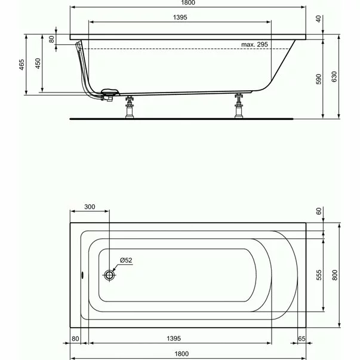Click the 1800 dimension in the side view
coord(189,3)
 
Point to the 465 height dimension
coord(21,64)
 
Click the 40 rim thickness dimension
coord(318,19)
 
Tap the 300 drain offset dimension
coord(89,207)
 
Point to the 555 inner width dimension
coord(319,275)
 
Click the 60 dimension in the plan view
coord(319,211)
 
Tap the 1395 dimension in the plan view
coord(179,339)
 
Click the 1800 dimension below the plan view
coord(189,353)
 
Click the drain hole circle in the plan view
coord(109,275)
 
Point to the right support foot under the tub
coord(240,106)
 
